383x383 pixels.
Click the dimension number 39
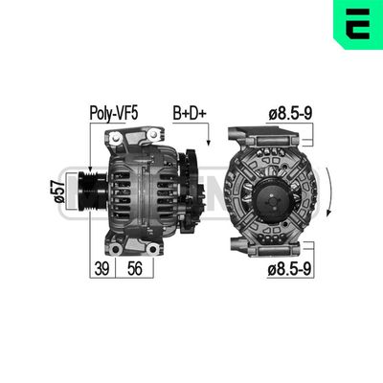tap(99, 270)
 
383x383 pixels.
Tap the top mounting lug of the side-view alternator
tap(124, 142)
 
